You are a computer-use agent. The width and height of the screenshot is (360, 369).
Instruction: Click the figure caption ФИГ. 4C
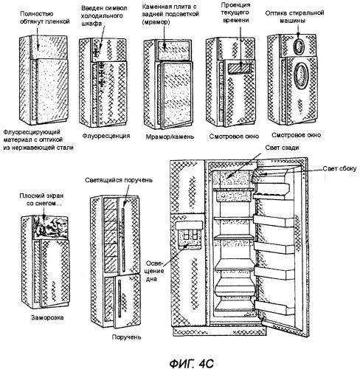click(x=192, y=363)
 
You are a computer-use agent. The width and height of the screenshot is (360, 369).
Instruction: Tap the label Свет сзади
click(x=282, y=148)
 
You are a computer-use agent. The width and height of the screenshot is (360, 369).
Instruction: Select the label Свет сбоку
click(x=339, y=168)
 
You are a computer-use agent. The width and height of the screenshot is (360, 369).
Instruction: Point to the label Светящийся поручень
click(x=119, y=180)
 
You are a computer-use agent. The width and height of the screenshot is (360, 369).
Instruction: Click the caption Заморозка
click(x=47, y=317)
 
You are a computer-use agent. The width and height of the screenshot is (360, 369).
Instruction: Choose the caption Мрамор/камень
click(x=170, y=137)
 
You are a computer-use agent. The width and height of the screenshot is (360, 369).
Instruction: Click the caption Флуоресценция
click(x=106, y=136)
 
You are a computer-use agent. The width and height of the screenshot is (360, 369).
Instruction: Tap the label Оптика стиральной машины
click(x=294, y=16)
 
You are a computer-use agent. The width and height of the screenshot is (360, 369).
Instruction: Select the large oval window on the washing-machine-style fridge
click(x=301, y=75)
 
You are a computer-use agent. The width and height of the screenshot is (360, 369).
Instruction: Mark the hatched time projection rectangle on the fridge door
click(x=240, y=68)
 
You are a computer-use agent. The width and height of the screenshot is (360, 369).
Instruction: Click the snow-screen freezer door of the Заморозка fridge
click(x=50, y=227)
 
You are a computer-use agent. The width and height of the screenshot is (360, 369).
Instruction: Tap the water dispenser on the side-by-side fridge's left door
click(x=189, y=235)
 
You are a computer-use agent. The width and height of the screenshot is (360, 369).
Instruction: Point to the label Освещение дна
click(x=155, y=271)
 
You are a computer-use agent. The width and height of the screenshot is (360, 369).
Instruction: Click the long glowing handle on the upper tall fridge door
click(x=123, y=238)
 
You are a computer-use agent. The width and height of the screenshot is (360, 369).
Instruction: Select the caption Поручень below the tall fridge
click(x=127, y=337)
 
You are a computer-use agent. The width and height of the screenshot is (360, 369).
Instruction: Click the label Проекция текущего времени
click(x=235, y=13)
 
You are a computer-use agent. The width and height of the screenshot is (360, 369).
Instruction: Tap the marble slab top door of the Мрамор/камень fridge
click(x=174, y=50)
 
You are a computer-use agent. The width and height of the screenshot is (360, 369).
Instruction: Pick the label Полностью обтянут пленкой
click(x=44, y=17)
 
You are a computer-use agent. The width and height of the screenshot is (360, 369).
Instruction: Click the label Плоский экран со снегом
click(x=41, y=199)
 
